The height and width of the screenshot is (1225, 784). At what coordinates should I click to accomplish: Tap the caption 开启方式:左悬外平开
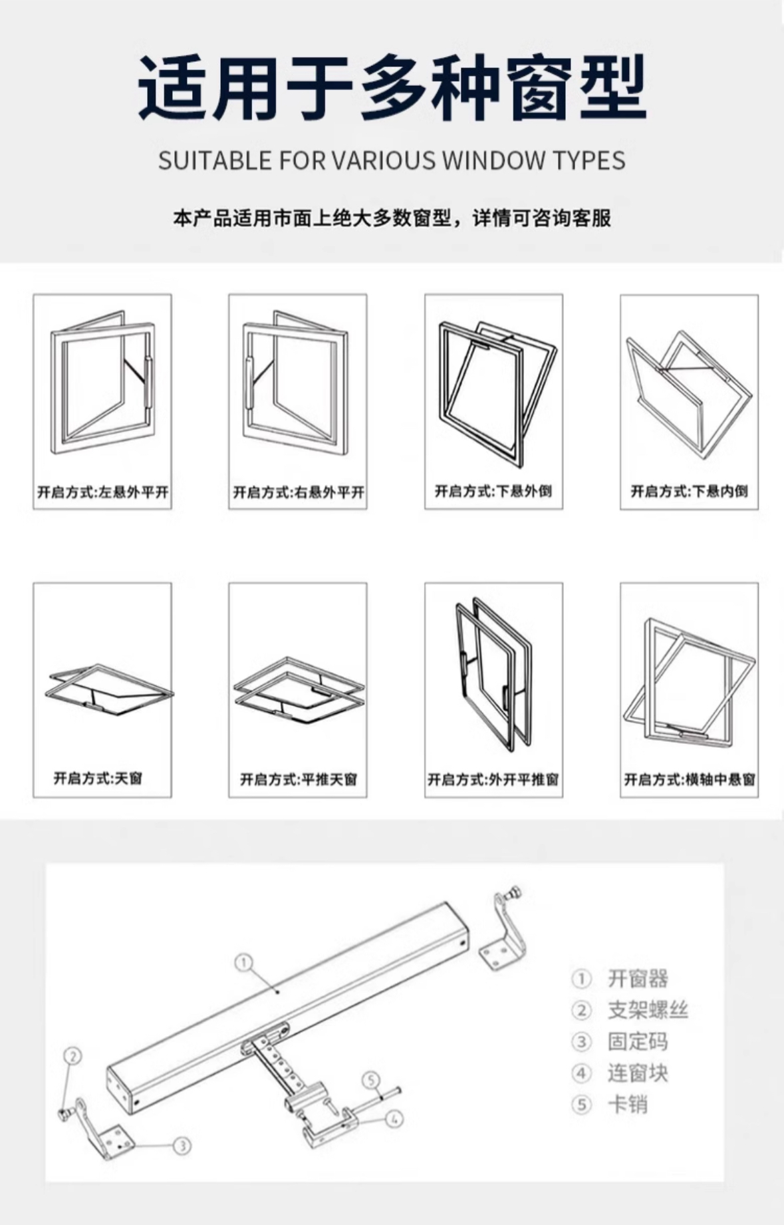tap(102, 492)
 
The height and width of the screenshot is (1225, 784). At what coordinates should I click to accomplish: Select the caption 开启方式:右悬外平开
tap(298, 492)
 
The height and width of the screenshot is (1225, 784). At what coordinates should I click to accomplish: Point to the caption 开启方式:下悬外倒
tap(493, 491)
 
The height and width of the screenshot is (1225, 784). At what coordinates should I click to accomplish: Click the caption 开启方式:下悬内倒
tap(689, 491)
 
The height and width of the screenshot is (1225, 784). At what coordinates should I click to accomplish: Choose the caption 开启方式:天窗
tap(98, 778)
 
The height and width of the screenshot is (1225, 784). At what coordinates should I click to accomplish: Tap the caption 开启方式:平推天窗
tap(298, 779)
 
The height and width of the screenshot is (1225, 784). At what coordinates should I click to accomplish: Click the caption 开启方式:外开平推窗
tap(493, 779)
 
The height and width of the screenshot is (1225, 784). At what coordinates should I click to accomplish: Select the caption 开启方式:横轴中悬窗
tap(689, 779)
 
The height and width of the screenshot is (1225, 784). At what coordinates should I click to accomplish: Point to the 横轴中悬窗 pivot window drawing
tap(689, 682)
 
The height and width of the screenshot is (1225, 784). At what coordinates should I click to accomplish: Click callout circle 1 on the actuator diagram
tap(244, 963)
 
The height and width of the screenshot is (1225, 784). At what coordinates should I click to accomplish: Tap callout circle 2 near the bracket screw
tap(73, 1056)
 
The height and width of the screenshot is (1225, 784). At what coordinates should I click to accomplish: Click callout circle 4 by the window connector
tap(394, 1119)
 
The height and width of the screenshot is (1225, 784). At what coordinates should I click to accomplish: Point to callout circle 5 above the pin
tap(372, 1079)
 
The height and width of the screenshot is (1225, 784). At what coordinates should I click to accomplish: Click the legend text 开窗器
tap(637, 979)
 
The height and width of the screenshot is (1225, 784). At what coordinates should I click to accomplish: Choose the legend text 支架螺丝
tap(647, 1010)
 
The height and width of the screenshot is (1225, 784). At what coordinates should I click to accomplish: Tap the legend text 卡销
tap(627, 1105)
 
